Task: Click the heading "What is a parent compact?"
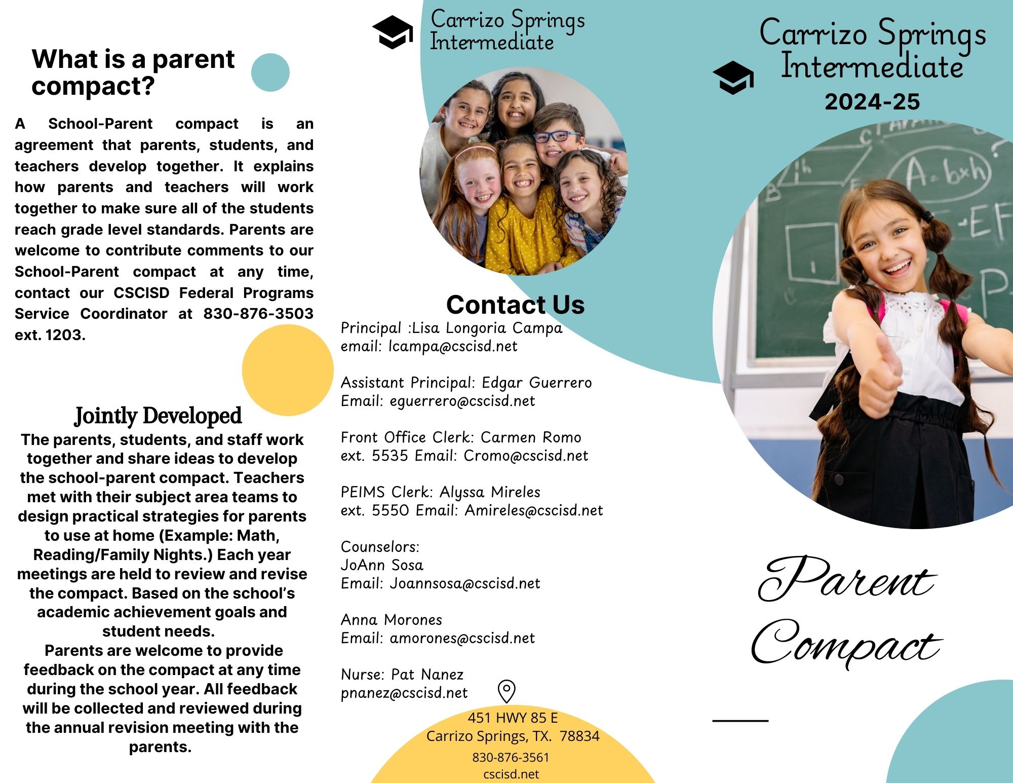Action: (133, 72)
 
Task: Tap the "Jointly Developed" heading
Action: (158, 416)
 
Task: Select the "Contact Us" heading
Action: (515, 305)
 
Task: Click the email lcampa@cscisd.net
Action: (453, 347)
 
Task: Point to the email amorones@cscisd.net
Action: (462, 639)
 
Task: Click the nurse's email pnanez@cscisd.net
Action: (404, 693)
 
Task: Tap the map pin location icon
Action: (506, 691)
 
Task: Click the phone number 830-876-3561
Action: (511, 758)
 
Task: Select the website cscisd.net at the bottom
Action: (511, 774)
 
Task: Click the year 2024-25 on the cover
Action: (872, 102)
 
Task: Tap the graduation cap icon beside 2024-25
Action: (733, 78)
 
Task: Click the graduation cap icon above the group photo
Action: (393, 32)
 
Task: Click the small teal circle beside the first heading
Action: (270, 72)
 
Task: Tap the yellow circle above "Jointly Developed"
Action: (287, 370)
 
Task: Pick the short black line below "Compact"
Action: (740, 720)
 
